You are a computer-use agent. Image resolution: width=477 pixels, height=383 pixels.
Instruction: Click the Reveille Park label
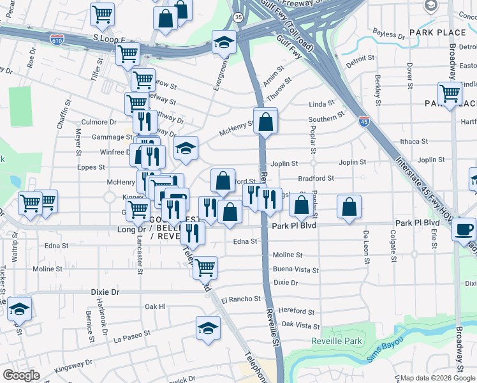(336, 342)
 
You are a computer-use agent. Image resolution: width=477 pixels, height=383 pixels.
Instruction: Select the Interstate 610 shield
(57, 39)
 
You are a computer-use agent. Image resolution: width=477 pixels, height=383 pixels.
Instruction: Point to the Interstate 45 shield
(362, 122)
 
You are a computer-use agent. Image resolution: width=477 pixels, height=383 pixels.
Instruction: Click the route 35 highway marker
(238, 17)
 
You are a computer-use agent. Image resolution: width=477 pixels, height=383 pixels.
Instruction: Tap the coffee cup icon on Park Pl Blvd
(464, 230)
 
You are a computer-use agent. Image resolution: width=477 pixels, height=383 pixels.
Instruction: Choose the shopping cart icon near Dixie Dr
(205, 267)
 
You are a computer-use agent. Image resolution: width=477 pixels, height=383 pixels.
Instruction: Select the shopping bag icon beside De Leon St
(349, 207)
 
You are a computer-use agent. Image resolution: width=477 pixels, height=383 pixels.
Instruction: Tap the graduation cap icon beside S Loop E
(224, 42)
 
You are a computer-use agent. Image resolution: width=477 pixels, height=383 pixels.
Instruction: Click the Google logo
(21, 375)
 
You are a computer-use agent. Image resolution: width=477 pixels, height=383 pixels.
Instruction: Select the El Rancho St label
(240, 299)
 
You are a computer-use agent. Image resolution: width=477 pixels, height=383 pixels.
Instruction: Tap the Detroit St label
(360, 58)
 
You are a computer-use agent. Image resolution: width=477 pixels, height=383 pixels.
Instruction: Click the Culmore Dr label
(99, 121)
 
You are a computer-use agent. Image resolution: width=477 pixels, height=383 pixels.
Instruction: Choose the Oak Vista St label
(300, 326)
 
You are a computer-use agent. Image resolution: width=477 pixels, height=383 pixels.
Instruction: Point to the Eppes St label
(91, 167)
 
